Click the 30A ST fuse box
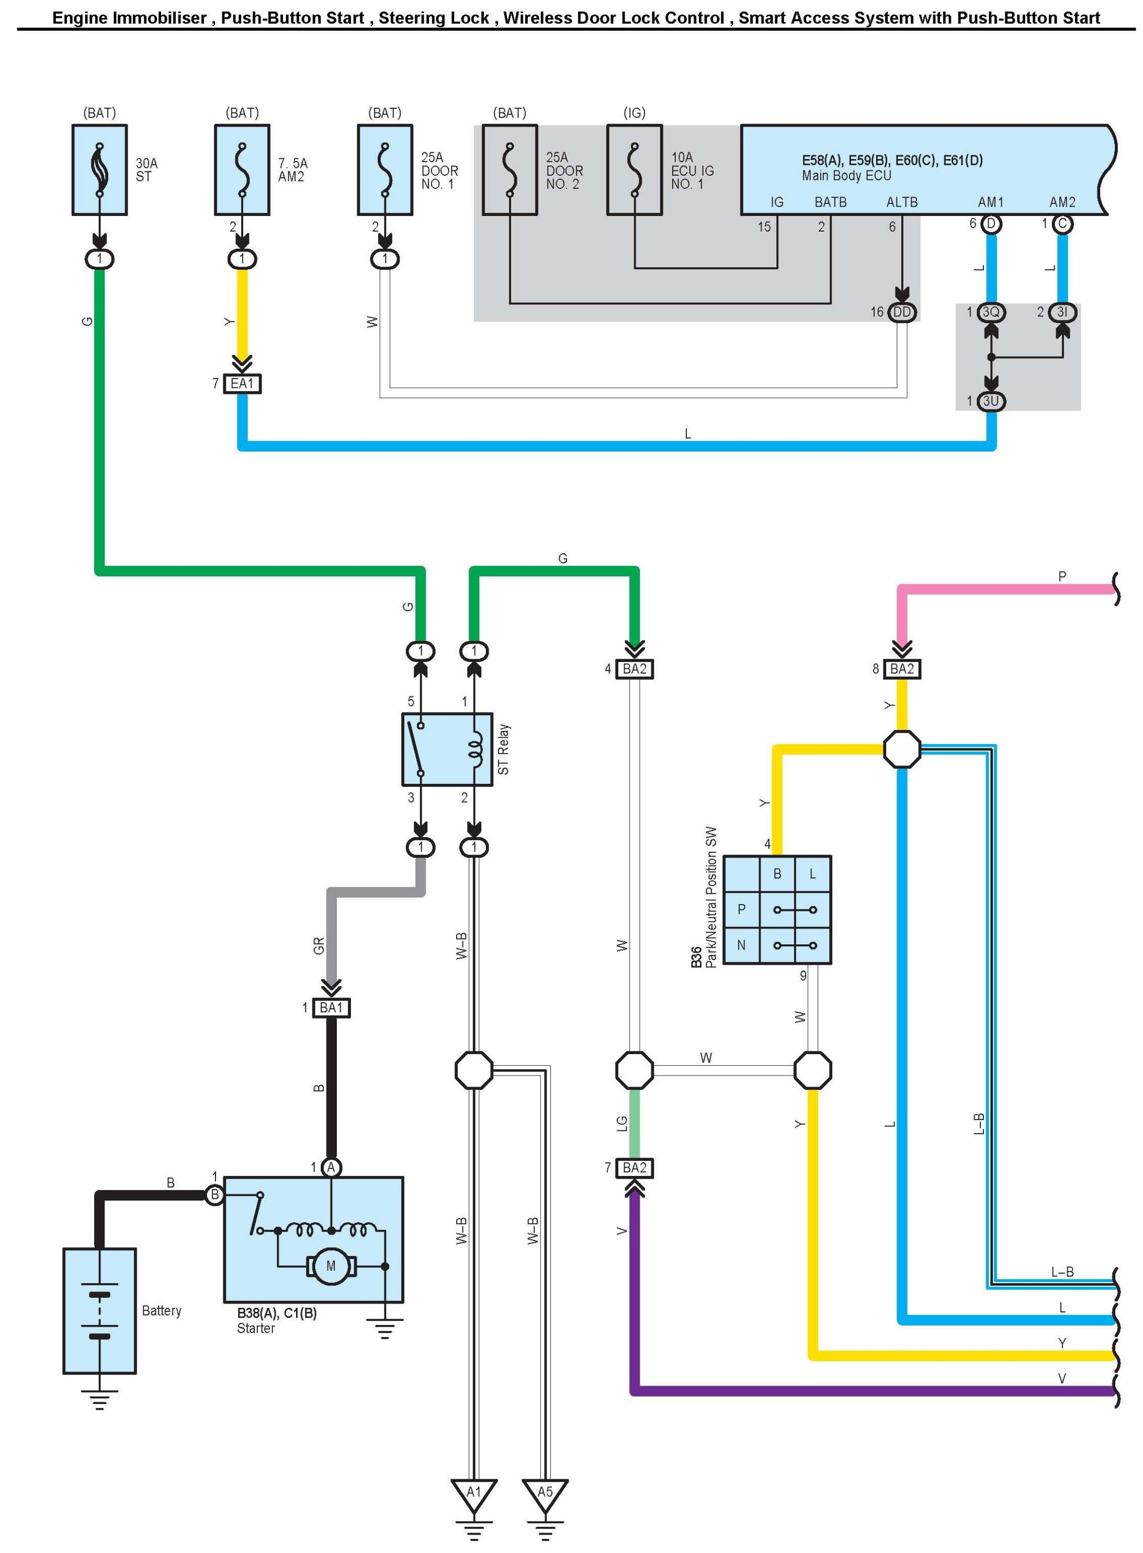point(99,170)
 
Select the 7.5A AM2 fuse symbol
point(242,170)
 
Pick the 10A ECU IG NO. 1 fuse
point(635,170)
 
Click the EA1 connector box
point(242,384)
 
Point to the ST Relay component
point(447,749)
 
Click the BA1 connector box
point(332,1008)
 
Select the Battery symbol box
point(99,1311)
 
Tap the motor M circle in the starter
point(331,1266)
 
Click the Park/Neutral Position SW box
point(777,910)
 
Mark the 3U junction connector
point(991,401)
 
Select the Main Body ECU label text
point(846,176)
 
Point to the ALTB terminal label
point(901,202)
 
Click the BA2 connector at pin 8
point(902,669)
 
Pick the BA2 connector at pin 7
point(635,1168)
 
